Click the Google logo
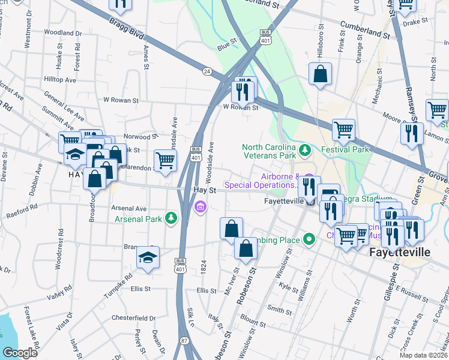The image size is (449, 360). [20, 353]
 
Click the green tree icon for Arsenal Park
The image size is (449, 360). [171, 217]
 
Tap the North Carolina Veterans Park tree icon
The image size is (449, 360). [305, 149]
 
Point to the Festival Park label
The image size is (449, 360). [345, 149]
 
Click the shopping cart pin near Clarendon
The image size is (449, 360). [166, 160]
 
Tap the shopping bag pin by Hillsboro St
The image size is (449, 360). [321, 74]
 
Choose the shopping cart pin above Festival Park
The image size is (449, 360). [343, 128]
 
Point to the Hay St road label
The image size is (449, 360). [205, 189]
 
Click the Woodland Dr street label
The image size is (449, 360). [63, 32]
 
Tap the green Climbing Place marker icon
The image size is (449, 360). [309, 239]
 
